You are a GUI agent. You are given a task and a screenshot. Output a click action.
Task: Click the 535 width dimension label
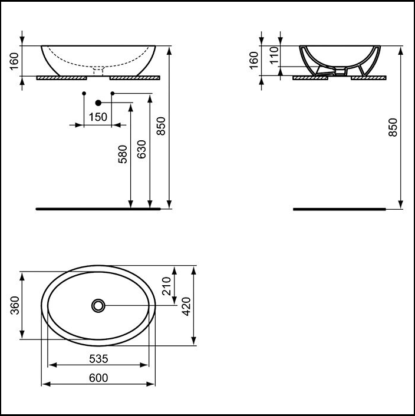(98, 359)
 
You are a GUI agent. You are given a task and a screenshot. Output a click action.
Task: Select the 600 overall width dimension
(98, 378)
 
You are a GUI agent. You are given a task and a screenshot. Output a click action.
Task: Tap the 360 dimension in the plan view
(15, 305)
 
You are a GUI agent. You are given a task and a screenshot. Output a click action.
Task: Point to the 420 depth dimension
(186, 306)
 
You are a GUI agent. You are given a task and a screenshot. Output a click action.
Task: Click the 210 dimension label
(167, 286)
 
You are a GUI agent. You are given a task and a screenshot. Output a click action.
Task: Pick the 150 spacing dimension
(98, 117)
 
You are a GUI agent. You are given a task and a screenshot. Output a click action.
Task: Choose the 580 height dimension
(123, 154)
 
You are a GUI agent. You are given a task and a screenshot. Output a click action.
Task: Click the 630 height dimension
(141, 149)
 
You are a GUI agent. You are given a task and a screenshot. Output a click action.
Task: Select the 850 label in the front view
(161, 126)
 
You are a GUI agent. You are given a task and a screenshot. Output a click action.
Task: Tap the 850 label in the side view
(393, 127)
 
